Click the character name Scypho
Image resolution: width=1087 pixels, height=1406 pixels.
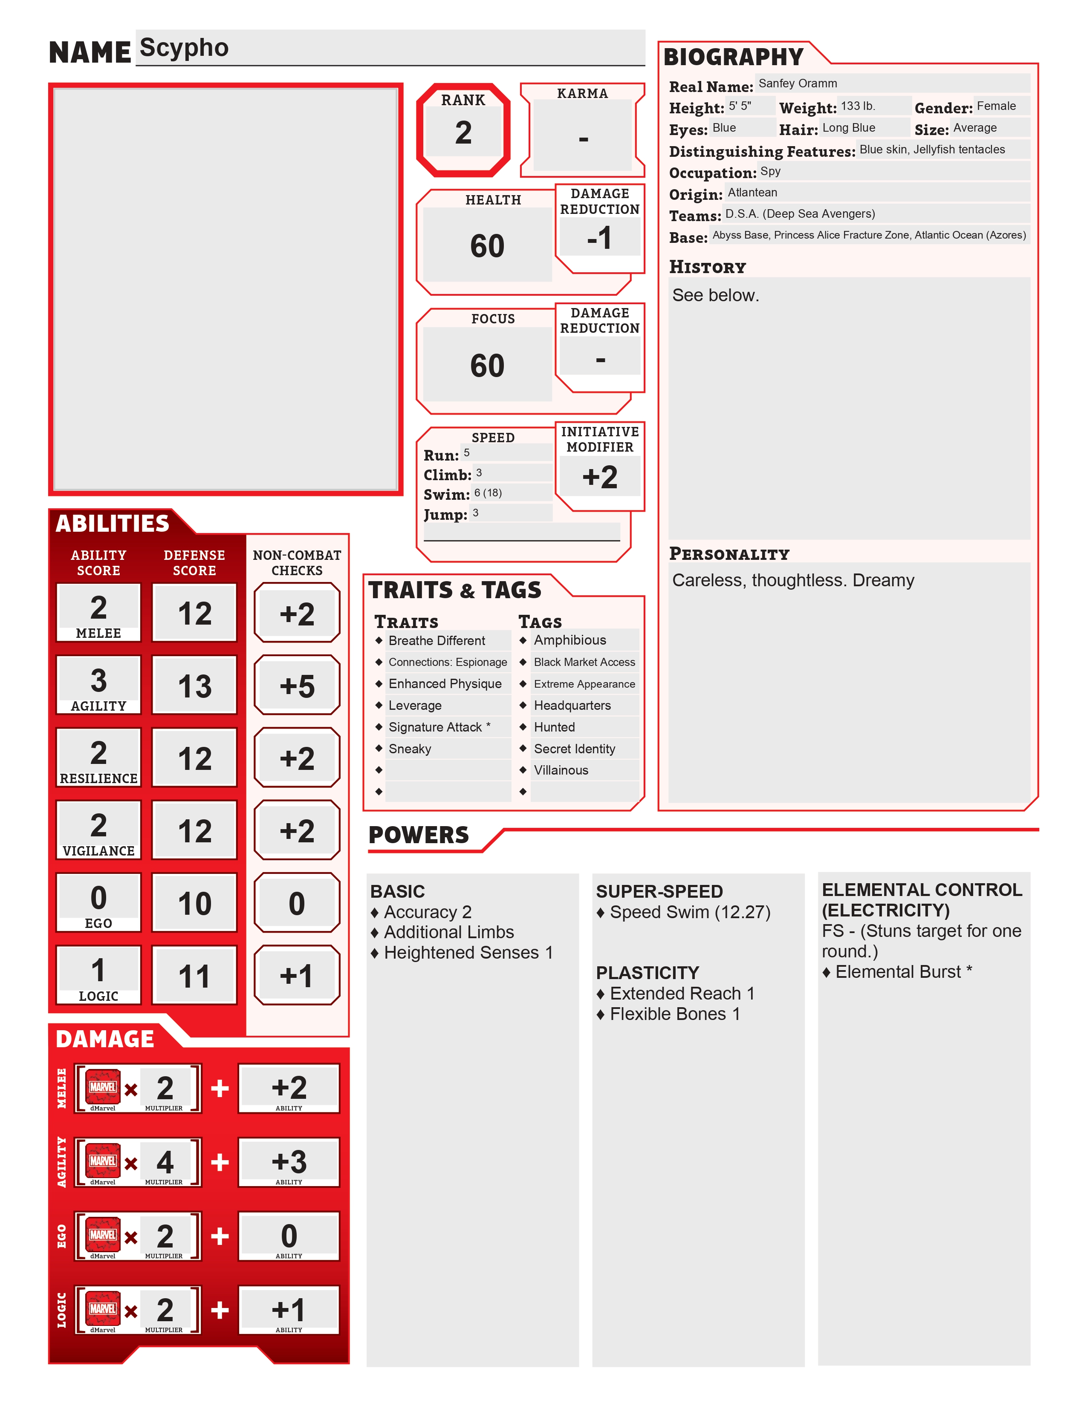(184, 48)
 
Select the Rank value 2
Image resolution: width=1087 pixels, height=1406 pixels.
(463, 133)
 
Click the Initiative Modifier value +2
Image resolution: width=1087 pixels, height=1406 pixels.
(599, 478)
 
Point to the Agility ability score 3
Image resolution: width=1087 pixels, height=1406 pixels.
(98, 680)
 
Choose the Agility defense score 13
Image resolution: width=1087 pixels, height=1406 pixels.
(194, 686)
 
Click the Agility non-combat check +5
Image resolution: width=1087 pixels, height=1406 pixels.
(297, 686)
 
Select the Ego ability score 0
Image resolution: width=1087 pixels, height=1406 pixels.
(98, 898)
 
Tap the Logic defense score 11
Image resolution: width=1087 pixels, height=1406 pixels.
(194, 977)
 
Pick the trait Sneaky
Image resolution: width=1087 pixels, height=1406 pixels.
(410, 749)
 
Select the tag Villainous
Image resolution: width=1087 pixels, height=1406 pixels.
(561, 771)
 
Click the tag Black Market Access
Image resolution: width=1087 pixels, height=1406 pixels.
(584, 663)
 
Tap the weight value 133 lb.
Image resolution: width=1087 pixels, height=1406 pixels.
(858, 106)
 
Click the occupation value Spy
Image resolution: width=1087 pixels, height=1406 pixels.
(770, 171)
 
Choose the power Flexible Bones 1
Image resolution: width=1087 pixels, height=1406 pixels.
(675, 1014)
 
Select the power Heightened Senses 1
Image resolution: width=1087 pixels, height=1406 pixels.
(468, 953)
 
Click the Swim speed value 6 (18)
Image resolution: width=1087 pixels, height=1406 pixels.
(488, 493)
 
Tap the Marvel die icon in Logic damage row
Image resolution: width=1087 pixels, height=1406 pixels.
(103, 1309)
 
